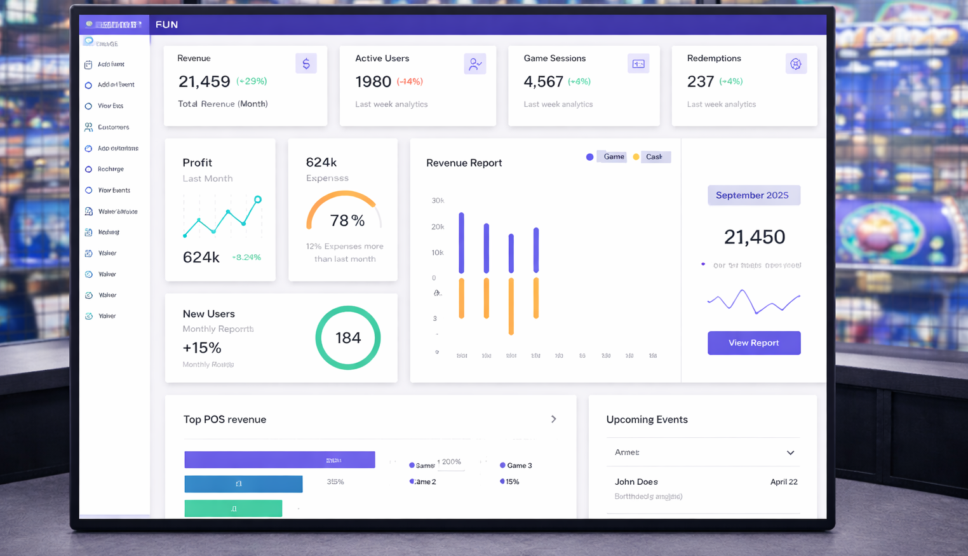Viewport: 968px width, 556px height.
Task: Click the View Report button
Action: [754, 343]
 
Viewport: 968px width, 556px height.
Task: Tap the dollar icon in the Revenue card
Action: [306, 64]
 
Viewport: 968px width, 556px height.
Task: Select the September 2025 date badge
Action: [753, 195]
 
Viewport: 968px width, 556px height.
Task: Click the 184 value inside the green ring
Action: [348, 338]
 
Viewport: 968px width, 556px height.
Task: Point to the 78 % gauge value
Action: [347, 220]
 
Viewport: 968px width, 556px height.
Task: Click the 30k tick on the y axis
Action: [438, 201]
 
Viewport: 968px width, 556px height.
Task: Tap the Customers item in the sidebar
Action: [113, 127]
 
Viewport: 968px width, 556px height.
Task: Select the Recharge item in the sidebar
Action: [111, 169]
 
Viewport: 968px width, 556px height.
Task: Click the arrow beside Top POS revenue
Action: [554, 419]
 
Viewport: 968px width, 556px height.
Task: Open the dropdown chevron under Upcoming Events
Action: [790, 453]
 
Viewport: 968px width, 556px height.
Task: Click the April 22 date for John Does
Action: [784, 482]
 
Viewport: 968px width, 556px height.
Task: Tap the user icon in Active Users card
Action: [474, 64]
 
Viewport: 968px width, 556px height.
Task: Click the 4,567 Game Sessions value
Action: [543, 82]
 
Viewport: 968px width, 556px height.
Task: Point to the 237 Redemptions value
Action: [701, 82]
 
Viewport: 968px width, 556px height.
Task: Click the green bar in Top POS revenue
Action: [233, 508]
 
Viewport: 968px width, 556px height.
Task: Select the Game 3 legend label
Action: [519, 466]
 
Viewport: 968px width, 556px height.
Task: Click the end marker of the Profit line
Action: [258, 200]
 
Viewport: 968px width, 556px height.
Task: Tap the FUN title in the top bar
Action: [166, 25]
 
